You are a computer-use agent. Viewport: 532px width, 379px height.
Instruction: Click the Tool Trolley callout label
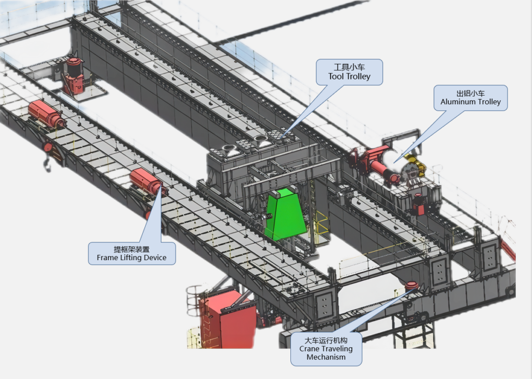(350, 72)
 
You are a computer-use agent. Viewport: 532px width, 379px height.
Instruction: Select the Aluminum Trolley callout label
(471, 98)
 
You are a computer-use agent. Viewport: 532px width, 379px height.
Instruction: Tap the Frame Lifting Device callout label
(131, 253)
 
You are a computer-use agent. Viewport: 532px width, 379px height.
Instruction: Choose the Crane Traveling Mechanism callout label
(326, 349)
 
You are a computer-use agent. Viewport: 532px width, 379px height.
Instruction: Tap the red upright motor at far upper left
(74, 75)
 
